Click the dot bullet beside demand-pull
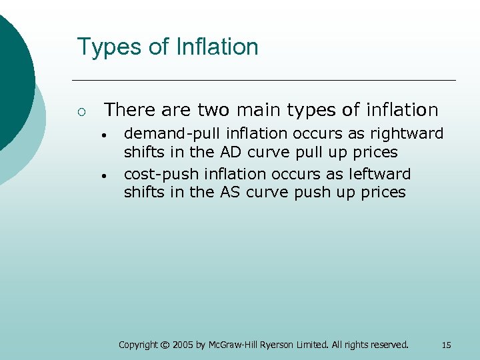coord(105,135)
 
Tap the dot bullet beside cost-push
coord(105,175)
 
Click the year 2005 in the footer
coord(183,345)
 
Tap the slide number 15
coord(446,345)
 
